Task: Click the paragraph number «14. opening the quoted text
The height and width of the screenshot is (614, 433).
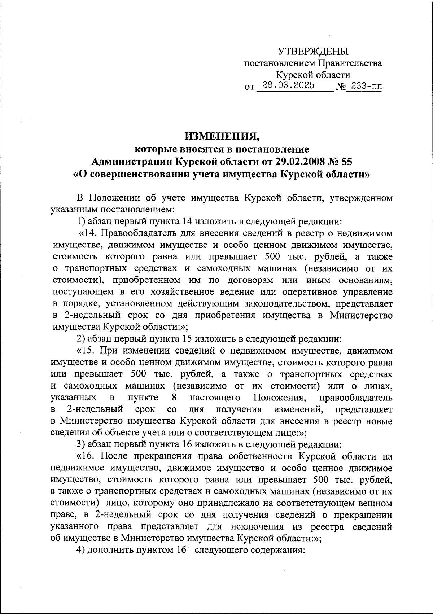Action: [x=88, y=233]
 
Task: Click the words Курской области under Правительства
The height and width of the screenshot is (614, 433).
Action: [x=313, y=75]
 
